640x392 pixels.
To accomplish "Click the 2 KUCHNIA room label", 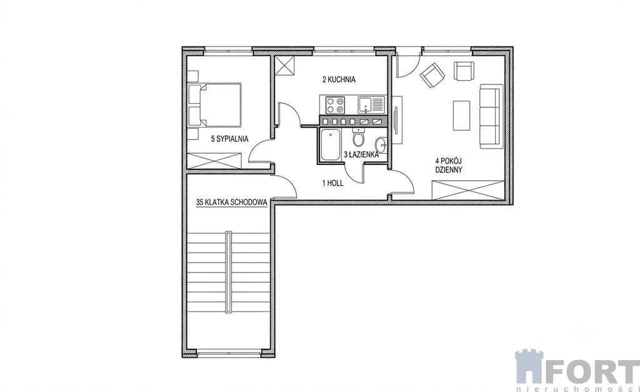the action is pos(339,79).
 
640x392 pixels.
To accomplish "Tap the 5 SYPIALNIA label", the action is pos(229,139).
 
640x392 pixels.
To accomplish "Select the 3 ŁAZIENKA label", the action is pos(362,155).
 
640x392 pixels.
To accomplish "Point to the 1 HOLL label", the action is pos(332,183).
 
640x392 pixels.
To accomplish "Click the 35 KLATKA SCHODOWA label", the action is pos(231,202).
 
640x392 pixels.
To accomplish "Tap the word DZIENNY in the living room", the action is pos(449,170).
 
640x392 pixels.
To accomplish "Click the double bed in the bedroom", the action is pos(215,104).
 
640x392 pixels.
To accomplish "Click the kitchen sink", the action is pos(371,104).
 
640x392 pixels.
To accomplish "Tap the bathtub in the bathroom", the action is pos(330,144).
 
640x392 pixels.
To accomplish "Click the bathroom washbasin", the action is pos(382,144).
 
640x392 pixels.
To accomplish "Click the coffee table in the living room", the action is pos(461,116).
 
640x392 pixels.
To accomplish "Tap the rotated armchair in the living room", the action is pos(432,75).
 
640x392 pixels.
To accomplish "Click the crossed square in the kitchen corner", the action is pos(285,65).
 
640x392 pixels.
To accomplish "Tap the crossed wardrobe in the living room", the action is pos(468,190).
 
